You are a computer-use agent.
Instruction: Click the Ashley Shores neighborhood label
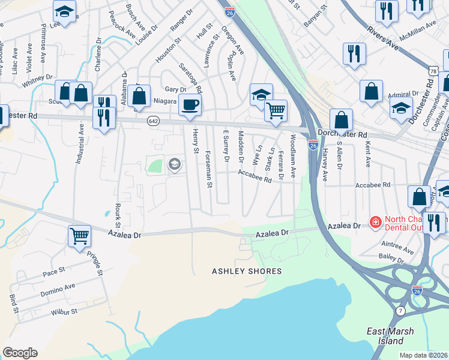pyautogui.click(x=247, y=271)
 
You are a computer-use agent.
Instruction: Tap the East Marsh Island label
pyautogui.click(x=385, y=336)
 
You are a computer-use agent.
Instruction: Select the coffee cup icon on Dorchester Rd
pyautogui.click(x=190, y=105)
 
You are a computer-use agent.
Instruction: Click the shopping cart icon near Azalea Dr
pyautogui.click(x=79, y=236)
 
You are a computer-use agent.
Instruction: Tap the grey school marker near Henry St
pyautogui.click(x=175, y=164)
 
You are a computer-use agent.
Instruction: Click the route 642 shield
pyautogui.click(x=153, y=121)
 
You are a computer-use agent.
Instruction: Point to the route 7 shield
pyautogui.click(x=400, y=310)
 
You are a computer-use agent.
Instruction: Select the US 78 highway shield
pyautogui.click(x=433, y=71)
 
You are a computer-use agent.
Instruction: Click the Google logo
pyautogui.click(x=20, y=353)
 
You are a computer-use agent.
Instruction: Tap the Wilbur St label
pyautogui.click(x=66, y=312)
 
